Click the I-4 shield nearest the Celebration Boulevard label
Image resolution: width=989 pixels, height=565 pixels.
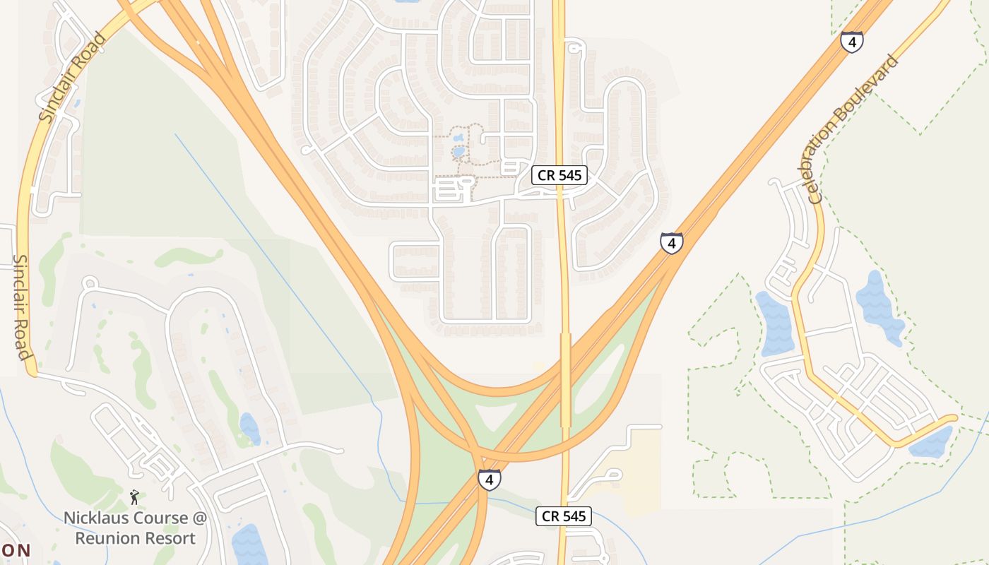click(x=852, y=42)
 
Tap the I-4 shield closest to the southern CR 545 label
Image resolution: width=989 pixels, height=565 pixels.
click(x=489, y=480)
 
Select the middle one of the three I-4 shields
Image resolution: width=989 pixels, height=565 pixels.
click(x=672, y=243)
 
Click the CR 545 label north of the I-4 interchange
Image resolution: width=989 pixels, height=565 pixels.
click(x=559, y=175)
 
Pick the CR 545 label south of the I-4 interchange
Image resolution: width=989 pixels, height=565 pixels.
click(x=563, y=516)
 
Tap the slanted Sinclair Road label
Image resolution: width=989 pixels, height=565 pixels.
click(x=72, y=77)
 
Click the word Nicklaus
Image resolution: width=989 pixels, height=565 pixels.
click(x=93, y=518)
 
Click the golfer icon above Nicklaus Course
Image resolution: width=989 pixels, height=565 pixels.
click(x=134, y=497)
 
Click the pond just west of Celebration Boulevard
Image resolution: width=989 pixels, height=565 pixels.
click(x=775, y=323)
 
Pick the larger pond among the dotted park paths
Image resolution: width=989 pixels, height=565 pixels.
click(x=459, y=151)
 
